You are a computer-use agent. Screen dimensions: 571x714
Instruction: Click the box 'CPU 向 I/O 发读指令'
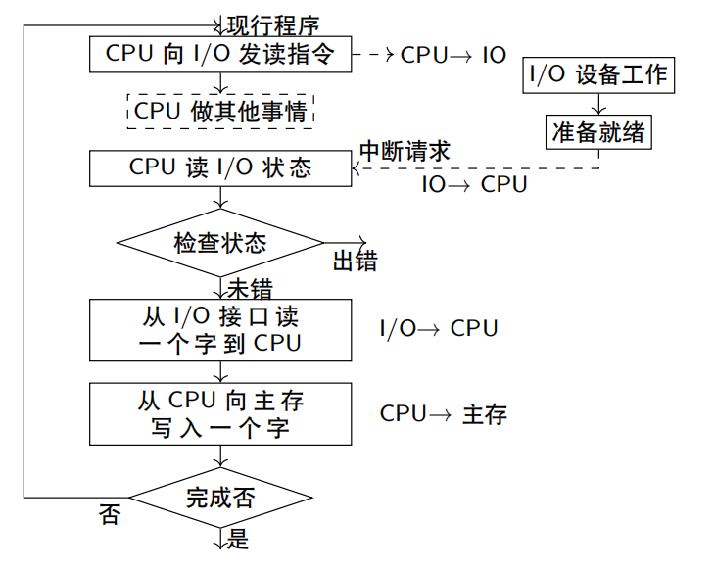pos(220,54)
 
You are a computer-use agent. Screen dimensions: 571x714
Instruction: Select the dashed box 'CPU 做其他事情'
pos(220,110)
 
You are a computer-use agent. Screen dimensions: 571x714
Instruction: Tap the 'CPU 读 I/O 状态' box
pos(220,167)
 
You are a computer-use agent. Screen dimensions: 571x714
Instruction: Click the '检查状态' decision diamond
pos(220,242)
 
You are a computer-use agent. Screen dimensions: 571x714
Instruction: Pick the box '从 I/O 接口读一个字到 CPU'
pos(220,330)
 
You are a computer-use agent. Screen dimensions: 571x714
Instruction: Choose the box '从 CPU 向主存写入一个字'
pos(220,414)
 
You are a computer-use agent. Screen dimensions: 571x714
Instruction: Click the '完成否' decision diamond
pos(220,498)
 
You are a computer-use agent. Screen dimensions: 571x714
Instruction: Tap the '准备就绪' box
pos(598,131)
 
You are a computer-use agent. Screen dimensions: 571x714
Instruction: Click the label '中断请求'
pos(405,151)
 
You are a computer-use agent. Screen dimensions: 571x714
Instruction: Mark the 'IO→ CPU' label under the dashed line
pos(474,184)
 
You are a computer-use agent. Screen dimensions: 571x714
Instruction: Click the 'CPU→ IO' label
pos(453,55)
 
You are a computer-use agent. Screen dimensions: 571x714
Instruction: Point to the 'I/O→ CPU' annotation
pos(439,329)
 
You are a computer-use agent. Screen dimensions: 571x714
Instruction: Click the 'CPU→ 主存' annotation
pos(444,414)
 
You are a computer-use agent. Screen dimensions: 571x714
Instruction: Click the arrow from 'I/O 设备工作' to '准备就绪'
pos(598,104)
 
